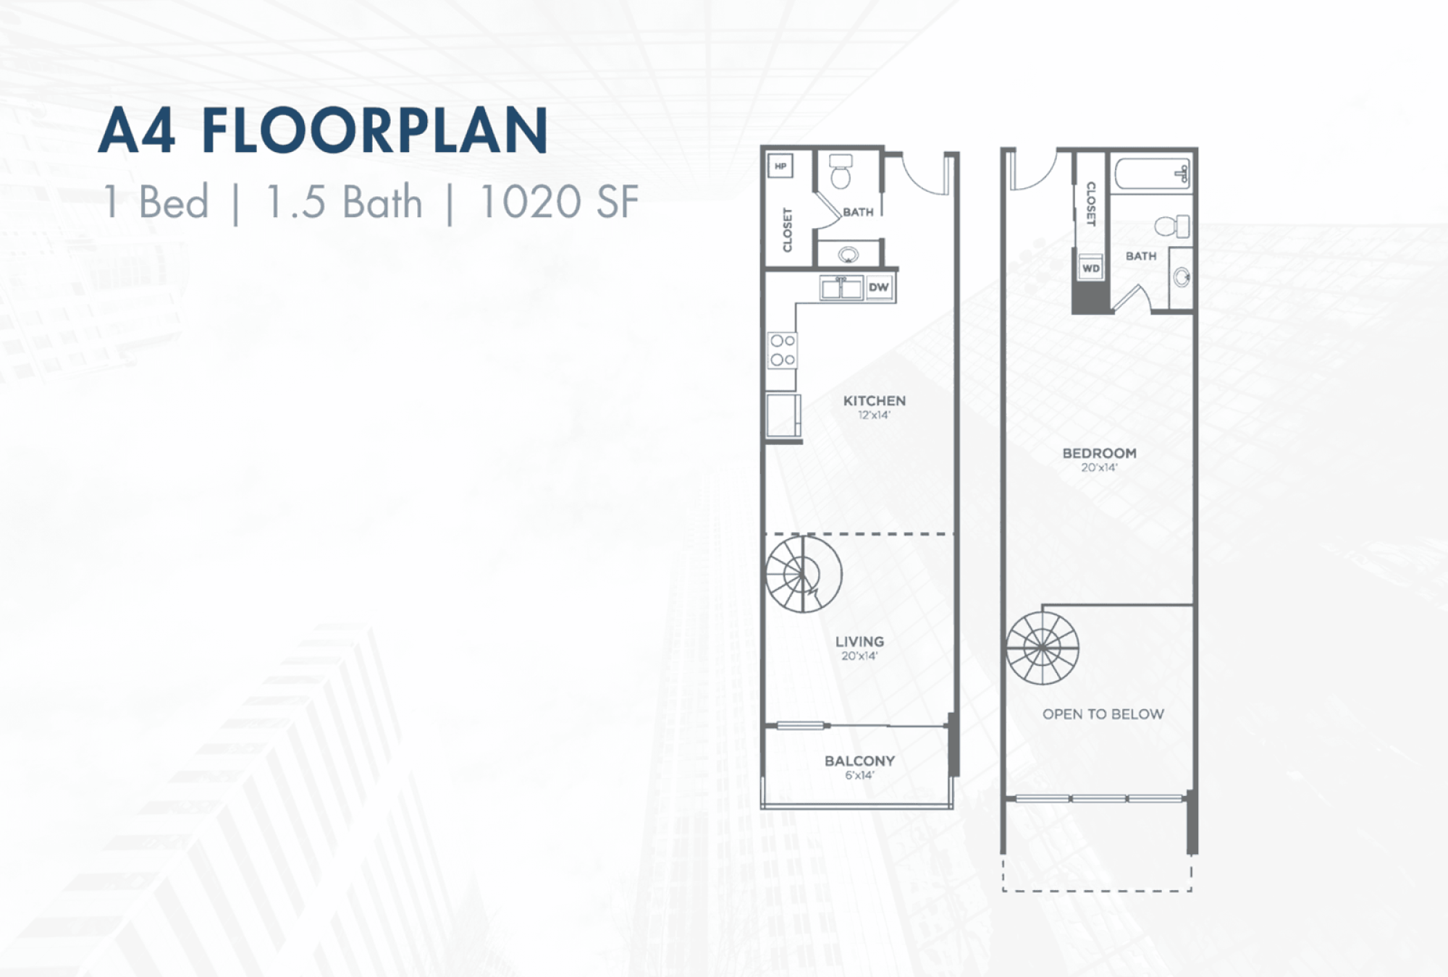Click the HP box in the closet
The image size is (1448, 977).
pyautogui.click(x=780, y=166)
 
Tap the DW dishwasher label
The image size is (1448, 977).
pyautogui.click(x=878, y=287)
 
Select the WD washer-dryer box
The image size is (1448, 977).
pyautogui.click(x=1090, y=268)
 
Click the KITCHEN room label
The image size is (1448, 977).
pyautogui.click(x=874, y=400)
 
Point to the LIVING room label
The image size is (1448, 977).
pyautogui.click(x=859, y=641)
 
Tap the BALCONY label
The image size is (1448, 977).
pyautogui.click(x=859, y=761)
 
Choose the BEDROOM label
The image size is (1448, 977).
pyautogui.click(x=1099, y=453)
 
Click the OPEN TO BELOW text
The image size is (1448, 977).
pyautogui.click(x=1103, y=714)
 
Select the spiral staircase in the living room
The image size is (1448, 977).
pyautogui.click(x=804, y=574)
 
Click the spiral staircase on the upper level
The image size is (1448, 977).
pyautogui.click(x=1043, y=648)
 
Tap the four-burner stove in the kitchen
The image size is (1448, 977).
pyautogui.click(x=782, y=350)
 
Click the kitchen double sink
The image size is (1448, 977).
pyautogui.click(x=841, y=287)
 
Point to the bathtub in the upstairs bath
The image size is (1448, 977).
pyautogui.click(x=1152, y=174)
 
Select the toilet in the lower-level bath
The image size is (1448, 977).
pyautogui.click(x=840, y=171)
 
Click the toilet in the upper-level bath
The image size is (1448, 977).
pyautogui.click(x=1171, y=226)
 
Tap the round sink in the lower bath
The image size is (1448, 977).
pyautogui.click(x=848, y=255)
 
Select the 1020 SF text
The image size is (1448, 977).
pyautogui.click(x=559, y=201)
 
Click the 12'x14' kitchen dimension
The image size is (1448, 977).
pyautogui.click(x=874, y=415)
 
